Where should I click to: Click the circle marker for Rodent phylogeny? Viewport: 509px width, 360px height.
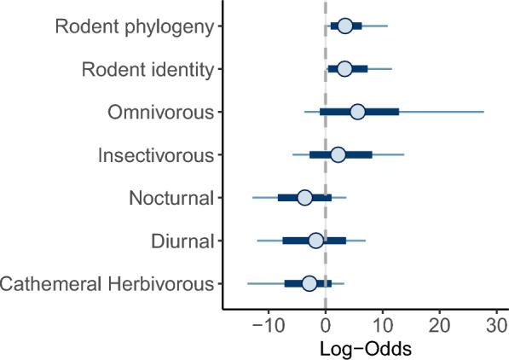pyautogui.click(x=345, y=26)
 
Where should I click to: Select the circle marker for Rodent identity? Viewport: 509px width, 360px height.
pyautogui.click(x=344, y=69)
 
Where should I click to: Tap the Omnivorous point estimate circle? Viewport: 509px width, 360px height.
pyautogui.click(x=358, y=112)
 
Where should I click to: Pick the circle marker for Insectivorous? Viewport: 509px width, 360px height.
pyautogui.click(x=338, y=154)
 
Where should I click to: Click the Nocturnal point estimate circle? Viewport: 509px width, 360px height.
pyautogui.click(x=304, y=198)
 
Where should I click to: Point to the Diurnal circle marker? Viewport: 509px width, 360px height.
pyautogui.click(x=315, y=241)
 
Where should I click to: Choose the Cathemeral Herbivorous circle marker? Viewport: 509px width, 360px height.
pyautogui.click(x=309, y=283)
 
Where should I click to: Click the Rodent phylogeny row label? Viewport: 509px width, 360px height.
pyautogui.click(x=135, y=27)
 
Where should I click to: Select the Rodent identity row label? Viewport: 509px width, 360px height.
pyautogui.click(x=147, y=70)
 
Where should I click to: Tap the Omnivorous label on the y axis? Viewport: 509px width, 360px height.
pyautogui.click(x=160, y=113)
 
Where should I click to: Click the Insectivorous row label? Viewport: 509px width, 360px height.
pyautogui.click(x=156, y=155)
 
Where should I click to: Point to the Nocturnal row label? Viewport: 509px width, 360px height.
pyautogui.click(x=171, y=198)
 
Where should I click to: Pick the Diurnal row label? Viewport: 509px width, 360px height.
pyautogui.click(x=182, y=241)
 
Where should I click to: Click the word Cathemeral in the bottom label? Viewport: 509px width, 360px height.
pyautogui.click(x=51, y=284)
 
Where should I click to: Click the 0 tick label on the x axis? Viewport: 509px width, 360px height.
pyautogui.click(x=326, y=326)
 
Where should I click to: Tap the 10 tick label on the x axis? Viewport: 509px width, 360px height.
pyautogui.click(x=383, y=326)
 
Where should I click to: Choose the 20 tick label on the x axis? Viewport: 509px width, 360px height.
pyautogui.click(x=440, y=326)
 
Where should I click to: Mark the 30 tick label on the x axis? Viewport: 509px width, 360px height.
pyautogui.click(x=497, y=326)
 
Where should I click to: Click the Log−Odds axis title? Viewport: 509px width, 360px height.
pyautogui.click(x=366, y=349)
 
